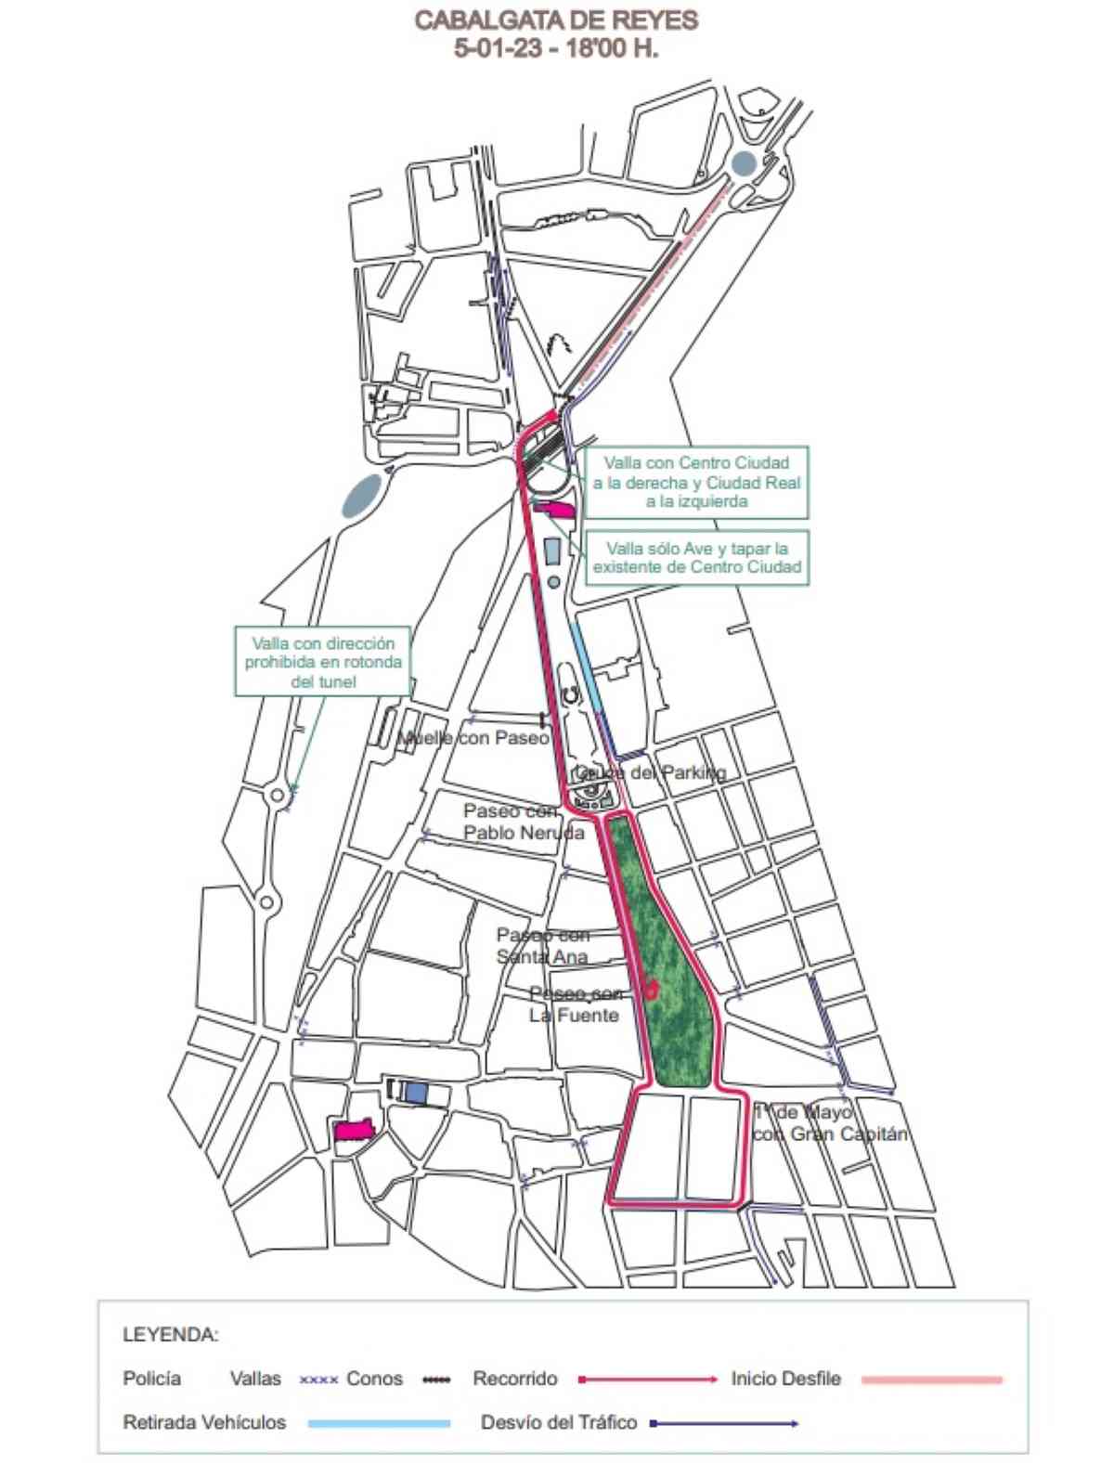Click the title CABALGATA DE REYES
tap(556, 20)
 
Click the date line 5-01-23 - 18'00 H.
tap(556, 49)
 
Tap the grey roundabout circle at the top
tap(743, 164)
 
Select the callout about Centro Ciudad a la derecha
tap(696, 482)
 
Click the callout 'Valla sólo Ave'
tap(697, 558)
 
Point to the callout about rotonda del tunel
tap(323, 661)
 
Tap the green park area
tap(669, 975)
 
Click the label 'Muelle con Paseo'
tap(474, 738)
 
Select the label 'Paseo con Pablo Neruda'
tap(524, 822)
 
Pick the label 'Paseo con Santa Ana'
tap(542, 945)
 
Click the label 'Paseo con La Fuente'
tap(575, 1004)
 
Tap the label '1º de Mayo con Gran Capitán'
tap(829, 1122)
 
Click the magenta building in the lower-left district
tap(354, 1130)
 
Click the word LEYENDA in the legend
tap(170, 1335)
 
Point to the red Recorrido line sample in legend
tap(648, 1380)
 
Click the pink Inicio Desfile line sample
tap(931, 1380)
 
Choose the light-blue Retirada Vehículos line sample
tap(379, 1423)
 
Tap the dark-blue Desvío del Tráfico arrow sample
tap(724, 1423)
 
